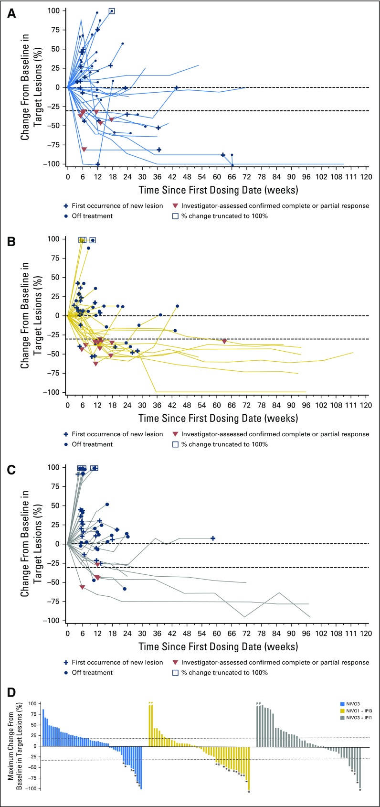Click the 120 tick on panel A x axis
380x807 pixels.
pyautogui.click(x=366, y=176)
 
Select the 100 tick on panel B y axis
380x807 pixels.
pyautogui.click(x=56, y=239)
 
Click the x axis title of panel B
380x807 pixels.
pyautogui.click(x=218, y=418)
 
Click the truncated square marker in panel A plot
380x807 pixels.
pyautogui.click(x=112, y=11)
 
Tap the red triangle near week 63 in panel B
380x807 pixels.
pyautogui.click(x=224, y=341)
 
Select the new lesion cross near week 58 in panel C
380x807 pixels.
pyautogui.click(x=213, y=538)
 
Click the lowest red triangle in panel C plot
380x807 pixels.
pyautogui.click(x=82, y=587)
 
